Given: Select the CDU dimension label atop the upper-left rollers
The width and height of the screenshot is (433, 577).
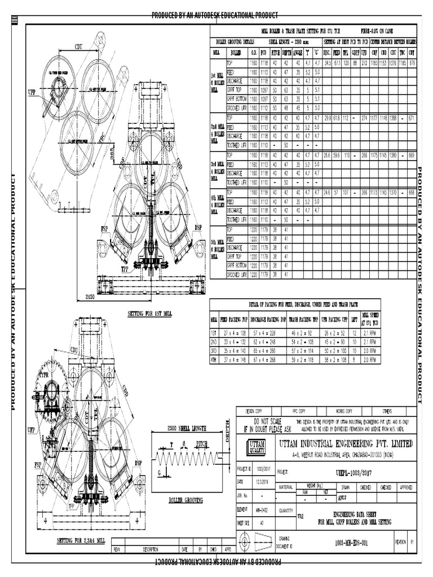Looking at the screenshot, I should click(77, 48).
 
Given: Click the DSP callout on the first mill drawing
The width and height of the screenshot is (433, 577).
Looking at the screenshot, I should click(198, 227).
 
